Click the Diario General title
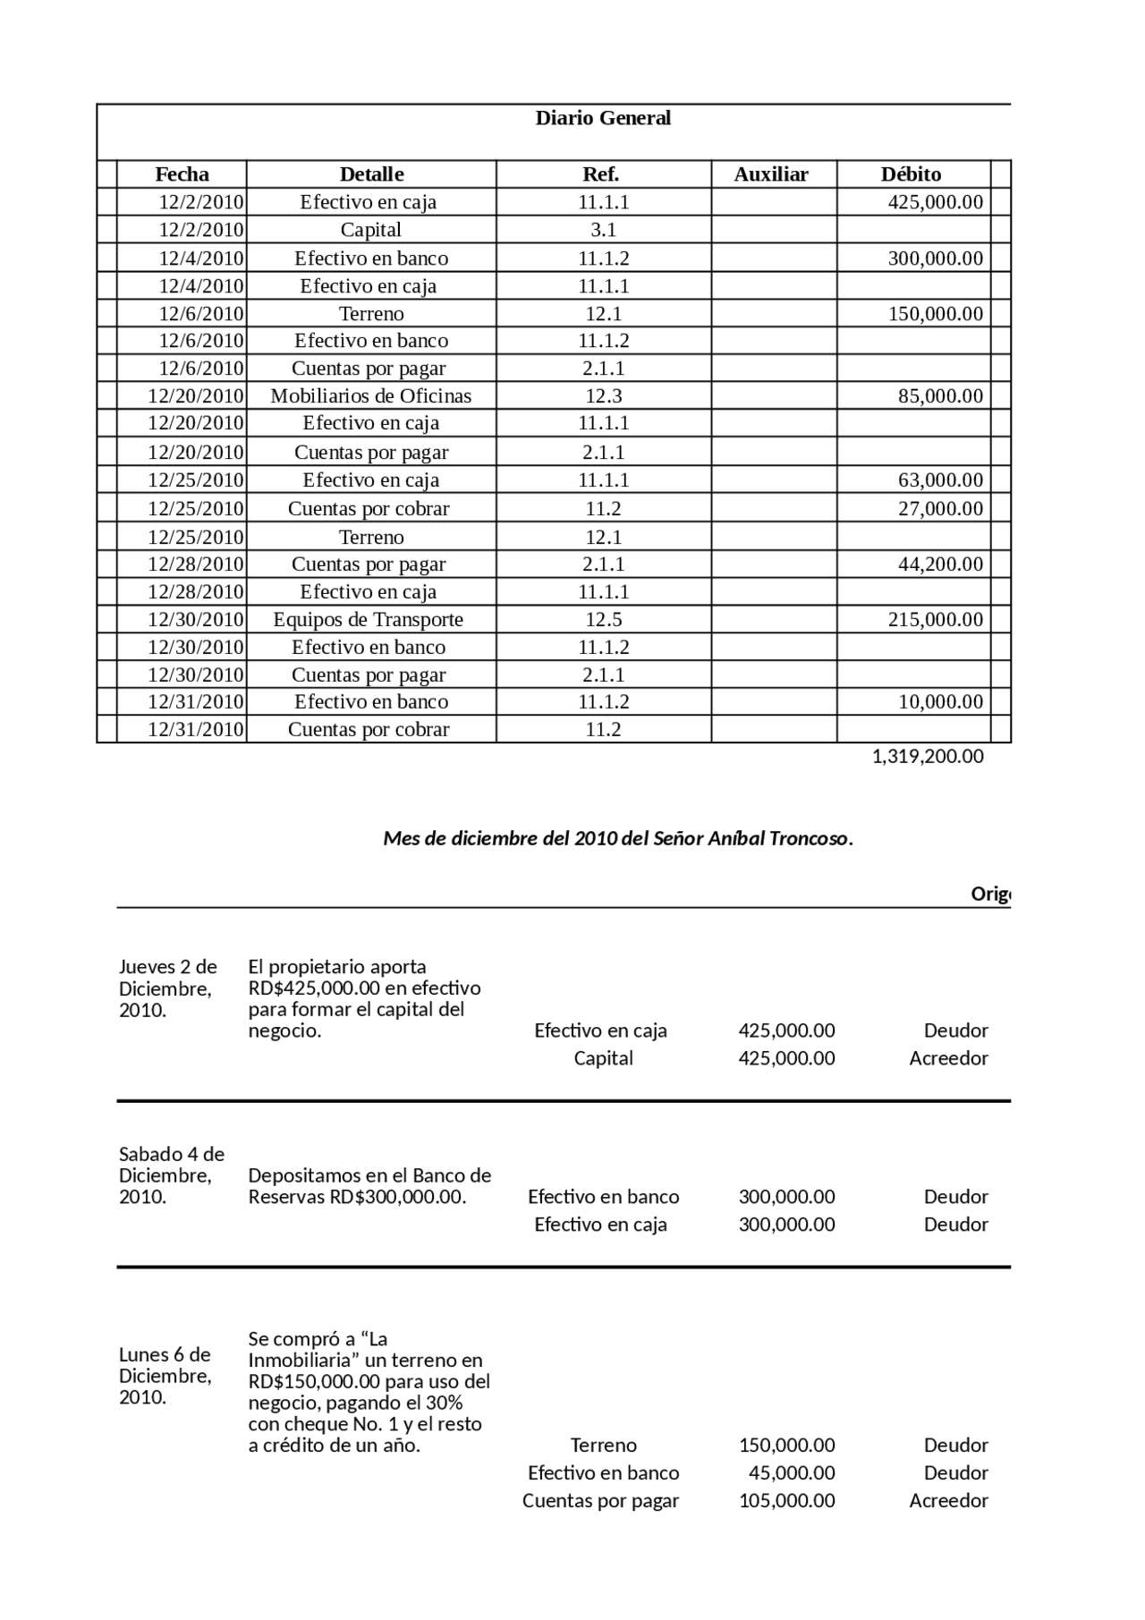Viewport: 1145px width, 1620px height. (x=602, y=118)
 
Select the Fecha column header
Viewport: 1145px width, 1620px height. (x=182, y=174)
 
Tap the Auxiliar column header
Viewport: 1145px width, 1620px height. (x=771, y=174)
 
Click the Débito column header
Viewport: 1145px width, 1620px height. (x=911, y=174)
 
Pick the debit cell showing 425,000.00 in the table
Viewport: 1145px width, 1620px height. (x=935, y=202)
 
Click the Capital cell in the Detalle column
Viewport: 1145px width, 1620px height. (x=370, y=230)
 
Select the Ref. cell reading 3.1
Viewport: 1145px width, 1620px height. (x=603, y=230)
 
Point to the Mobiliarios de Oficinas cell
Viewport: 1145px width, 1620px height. (x=370, y=396)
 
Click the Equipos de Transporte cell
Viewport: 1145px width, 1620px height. (x=368, y=620)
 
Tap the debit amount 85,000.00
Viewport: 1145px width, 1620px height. (x=940, y=396)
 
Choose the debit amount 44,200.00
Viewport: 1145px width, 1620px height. (x=940, y=564)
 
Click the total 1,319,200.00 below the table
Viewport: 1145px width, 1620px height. (x=928, y=757)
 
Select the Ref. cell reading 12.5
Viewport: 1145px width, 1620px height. (x=603, y=620)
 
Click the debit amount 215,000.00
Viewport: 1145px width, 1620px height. (x=935, y=620)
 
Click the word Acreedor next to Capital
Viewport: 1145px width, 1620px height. (x=948, y=1058)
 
